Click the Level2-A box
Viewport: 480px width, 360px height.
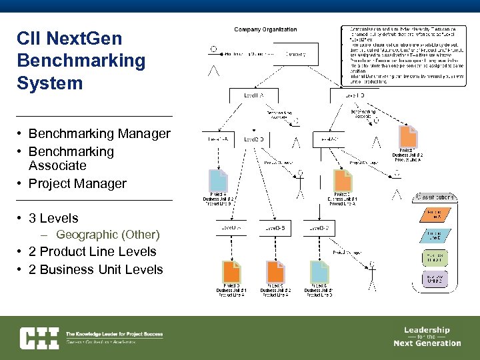(x=218, y=139)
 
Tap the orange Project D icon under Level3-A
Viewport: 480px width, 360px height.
(x=231, y=273)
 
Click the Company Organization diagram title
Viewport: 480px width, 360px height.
(x=265, y=30)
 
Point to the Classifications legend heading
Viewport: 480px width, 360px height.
(x=436, y=197)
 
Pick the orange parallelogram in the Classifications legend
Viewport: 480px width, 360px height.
(x=435, y=215)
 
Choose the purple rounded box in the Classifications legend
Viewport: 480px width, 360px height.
(x=435, y=279)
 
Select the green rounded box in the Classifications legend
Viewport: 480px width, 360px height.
(x=435, y=257)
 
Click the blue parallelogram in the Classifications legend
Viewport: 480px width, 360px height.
(x=435, y=236)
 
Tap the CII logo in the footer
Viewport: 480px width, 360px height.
(x=39, y=337)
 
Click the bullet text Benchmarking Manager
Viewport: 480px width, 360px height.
(x=99, y=133)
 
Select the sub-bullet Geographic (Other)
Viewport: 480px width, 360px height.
(x=107, y=235)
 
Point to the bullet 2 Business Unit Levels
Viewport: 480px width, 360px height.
(x=96, y=269)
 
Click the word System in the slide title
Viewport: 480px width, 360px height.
(x=50, y=83)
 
